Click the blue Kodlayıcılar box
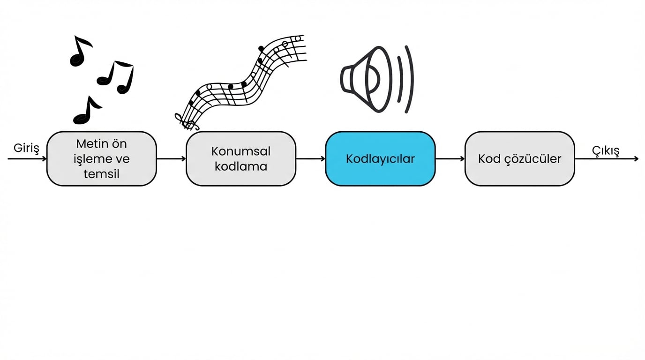[x=380, y=159]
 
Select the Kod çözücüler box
[x=519, y=159]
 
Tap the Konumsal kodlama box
[x=241, y=159]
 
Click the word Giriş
[x=26, y=148]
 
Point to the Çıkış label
[x=606, y=150]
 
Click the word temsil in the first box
[x=101, y=174]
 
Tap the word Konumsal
[x=241, y=151]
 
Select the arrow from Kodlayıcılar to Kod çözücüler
[x=450, y=159]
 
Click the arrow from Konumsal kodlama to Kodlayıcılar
[x=310, y=159]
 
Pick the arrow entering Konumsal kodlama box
[x=171, y=159]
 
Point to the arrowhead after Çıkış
[x=636, y=159]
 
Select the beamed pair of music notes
[x=116, y=76]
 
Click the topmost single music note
[x=80, y=51]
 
